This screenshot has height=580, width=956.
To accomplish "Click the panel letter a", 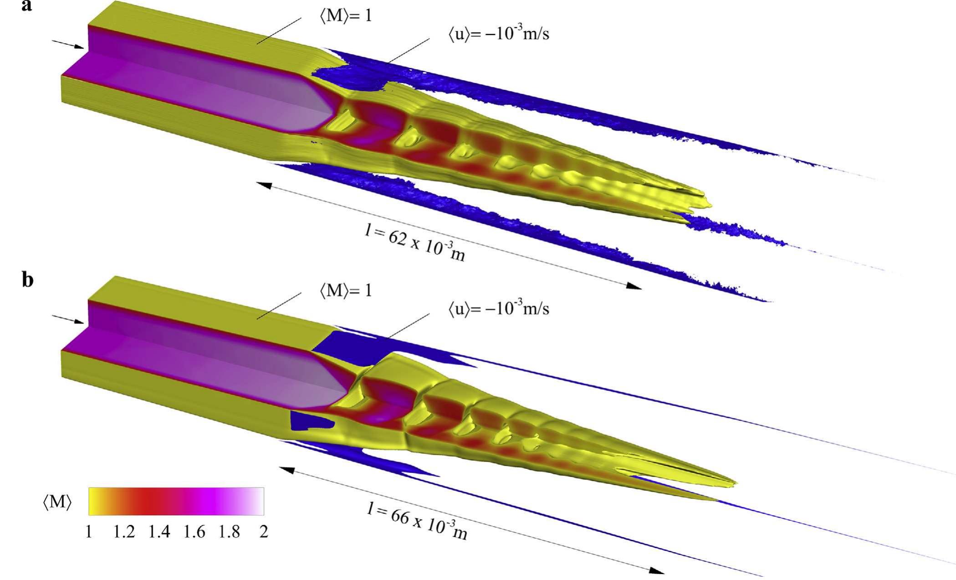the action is tap(26, 6).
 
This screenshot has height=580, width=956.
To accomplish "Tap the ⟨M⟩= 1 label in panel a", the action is tap(346, 16).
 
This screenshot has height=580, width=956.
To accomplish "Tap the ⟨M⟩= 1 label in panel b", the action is tap(346, 290).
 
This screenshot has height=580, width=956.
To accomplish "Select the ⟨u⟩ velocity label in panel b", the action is tap(499, 308).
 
